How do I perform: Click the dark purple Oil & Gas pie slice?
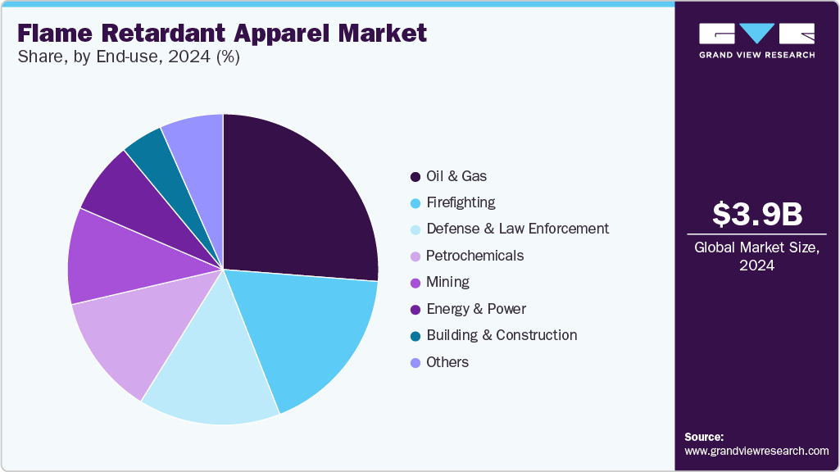[299, 197]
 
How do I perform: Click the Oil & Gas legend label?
[456, 176]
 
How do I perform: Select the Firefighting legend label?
[461, 202]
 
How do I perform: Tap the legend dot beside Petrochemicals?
[415, 256]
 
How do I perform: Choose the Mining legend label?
[447, 282]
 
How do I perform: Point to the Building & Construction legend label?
[502, 335]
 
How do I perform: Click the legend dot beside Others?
[415, 362]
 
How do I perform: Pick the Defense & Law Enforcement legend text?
[517, 229]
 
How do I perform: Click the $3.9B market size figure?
[757, 214]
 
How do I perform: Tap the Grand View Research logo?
[756, 39]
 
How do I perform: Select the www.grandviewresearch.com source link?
[756, 451]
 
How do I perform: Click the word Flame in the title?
[56, 33]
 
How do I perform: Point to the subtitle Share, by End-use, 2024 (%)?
[128, 58]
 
